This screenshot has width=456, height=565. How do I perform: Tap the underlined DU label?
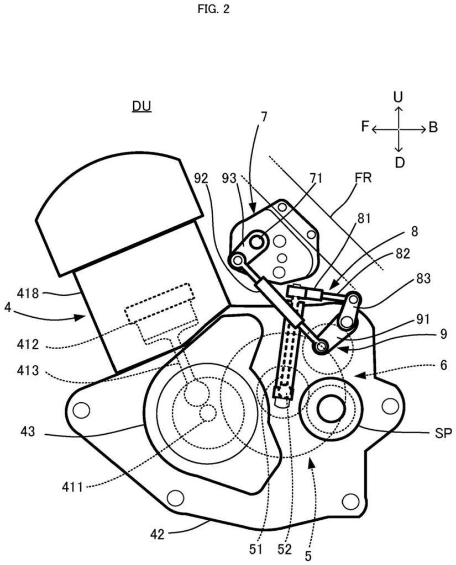click(141, 106)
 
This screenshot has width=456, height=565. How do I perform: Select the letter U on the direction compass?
click(398, 98)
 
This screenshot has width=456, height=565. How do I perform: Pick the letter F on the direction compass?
click(365, 127)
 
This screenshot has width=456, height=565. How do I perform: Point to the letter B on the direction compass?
click(433, 128)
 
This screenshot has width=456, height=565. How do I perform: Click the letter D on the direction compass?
click(399, 162)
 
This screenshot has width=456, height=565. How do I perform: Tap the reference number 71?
click(316, 178)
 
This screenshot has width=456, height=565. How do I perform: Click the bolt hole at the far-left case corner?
click(81, 410)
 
